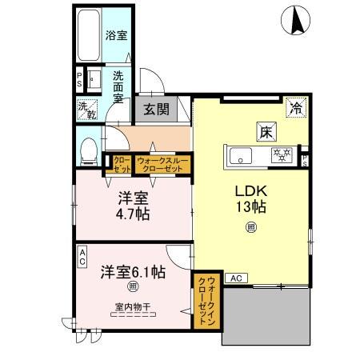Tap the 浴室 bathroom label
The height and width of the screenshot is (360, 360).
117,35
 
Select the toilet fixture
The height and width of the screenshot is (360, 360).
90,150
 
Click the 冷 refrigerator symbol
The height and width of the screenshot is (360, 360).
296,107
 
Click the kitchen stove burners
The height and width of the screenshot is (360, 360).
282,154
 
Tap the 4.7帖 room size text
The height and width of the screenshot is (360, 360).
133,214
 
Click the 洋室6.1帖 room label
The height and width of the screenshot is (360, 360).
133,272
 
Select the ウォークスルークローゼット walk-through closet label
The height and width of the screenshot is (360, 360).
163,164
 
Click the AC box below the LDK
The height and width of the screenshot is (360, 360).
235,278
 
